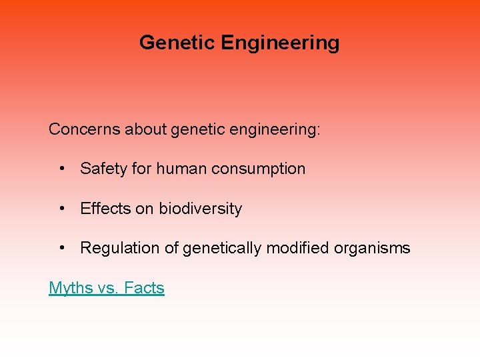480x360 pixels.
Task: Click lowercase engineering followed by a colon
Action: coord(275,129)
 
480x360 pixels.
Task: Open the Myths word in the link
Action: coord(70,288)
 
